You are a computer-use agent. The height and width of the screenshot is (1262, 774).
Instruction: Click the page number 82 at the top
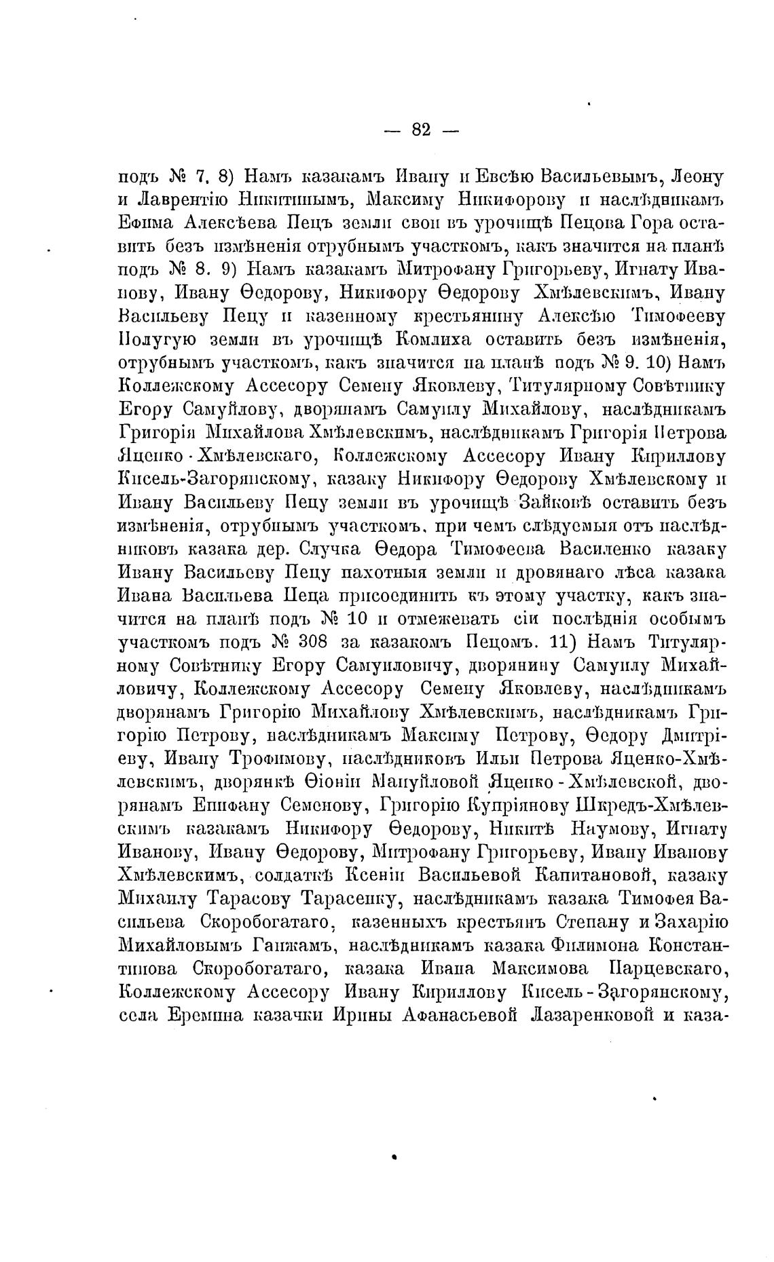tap(421, 130)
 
